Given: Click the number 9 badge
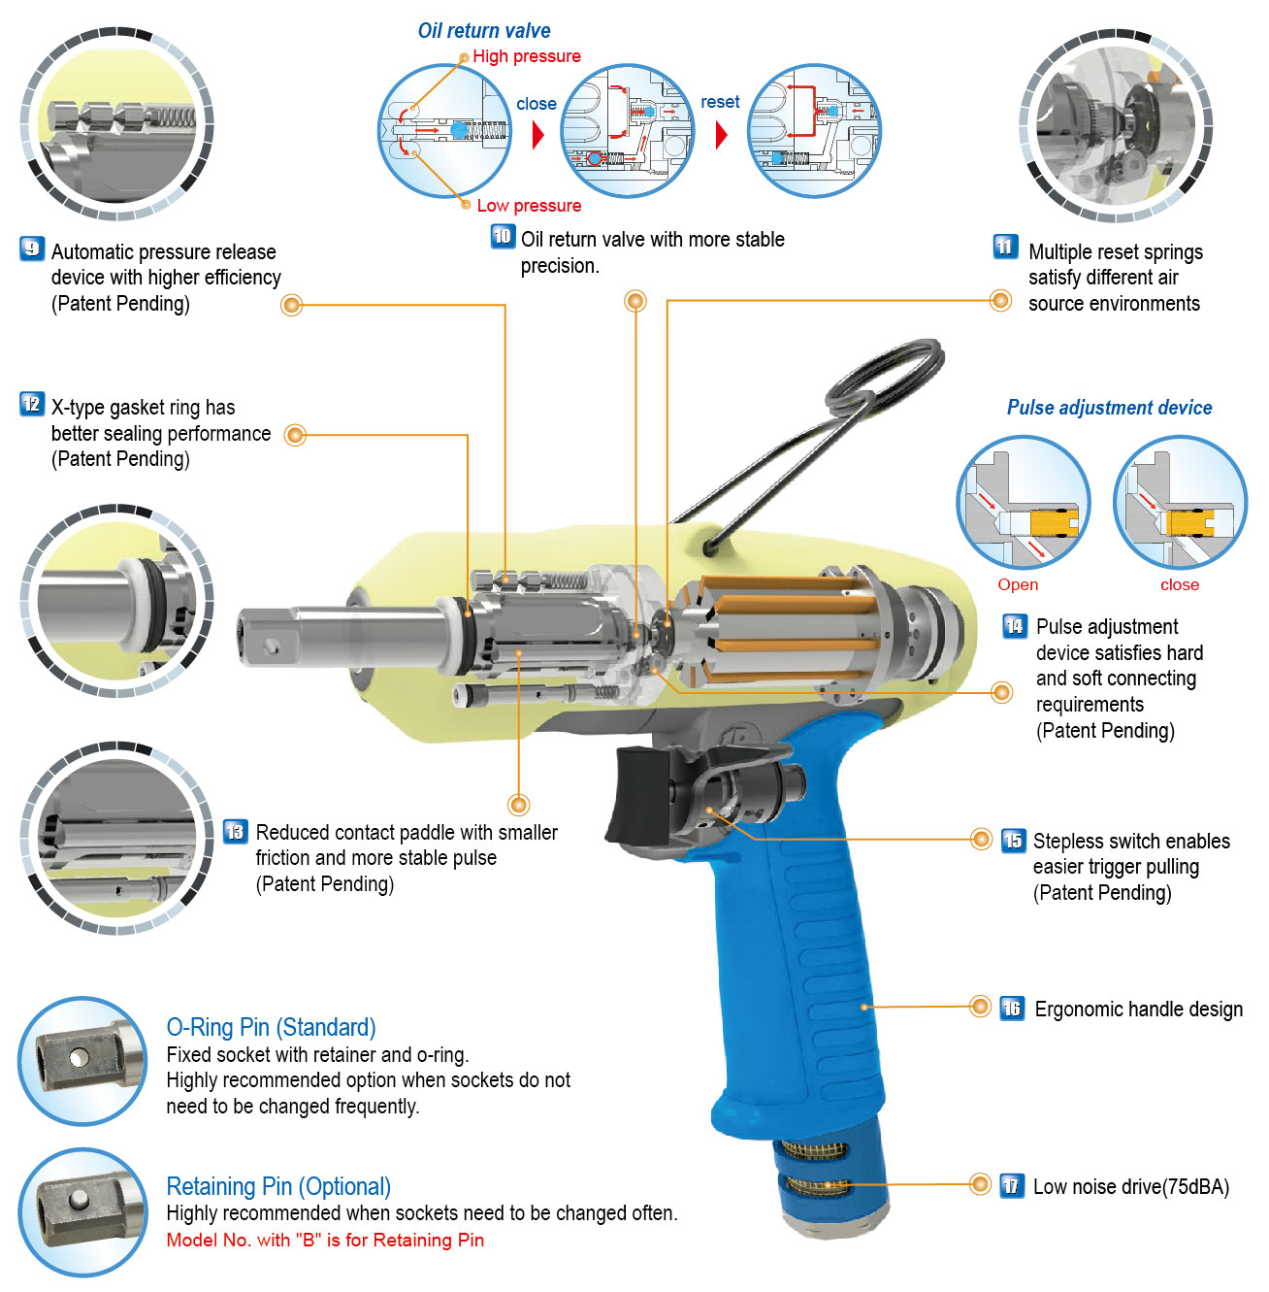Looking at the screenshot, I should point(32,249).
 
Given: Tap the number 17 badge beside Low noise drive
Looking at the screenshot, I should point(1012,1185).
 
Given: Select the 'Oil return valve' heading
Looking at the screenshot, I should point(484,31).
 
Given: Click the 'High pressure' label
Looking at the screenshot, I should point(527,56).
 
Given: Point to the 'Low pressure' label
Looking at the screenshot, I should point(529,206).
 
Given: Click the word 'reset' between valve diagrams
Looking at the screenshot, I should point(720,102).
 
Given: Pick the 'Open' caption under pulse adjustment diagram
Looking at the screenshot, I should point(1018,584).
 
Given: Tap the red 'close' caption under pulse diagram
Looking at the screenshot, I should point(1180,584).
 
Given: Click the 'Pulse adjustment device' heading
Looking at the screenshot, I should point(1109,408).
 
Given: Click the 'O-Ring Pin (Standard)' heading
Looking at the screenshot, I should point(271,1027).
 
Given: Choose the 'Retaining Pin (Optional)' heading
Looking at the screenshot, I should point(278,1186).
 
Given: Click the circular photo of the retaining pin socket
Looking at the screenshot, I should point(82,1212).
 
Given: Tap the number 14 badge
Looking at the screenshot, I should point(1014,626).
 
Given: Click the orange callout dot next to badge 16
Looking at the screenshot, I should point(981,1008).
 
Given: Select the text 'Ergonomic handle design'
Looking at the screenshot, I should point(1138,1010).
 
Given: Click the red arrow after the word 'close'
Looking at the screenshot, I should point(538,135).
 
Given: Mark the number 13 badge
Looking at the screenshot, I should point(235,832).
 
